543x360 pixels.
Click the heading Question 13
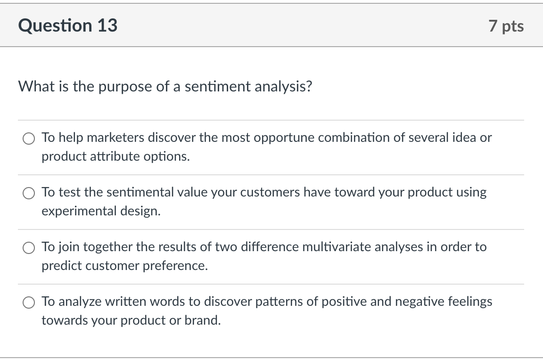pos(68,25)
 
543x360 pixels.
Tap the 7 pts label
pos(506,26)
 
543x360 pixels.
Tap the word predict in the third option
pos(58,266)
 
